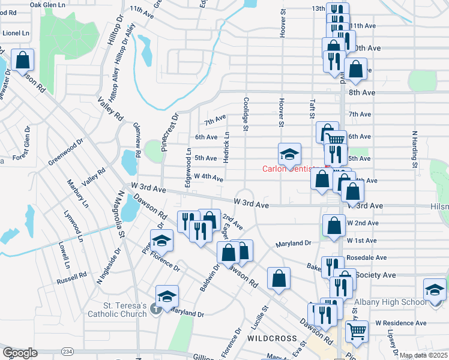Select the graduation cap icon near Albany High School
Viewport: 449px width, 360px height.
(435, 289)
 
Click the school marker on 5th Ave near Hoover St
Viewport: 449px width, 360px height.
(289, 154)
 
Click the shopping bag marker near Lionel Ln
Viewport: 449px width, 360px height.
(22, 60)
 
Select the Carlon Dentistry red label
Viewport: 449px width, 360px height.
(289, 169)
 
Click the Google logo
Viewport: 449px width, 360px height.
(19, 353)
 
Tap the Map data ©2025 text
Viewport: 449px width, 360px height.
(423, 355)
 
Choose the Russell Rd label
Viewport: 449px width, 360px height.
(72, 280)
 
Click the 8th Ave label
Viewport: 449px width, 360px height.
(361, 92)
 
